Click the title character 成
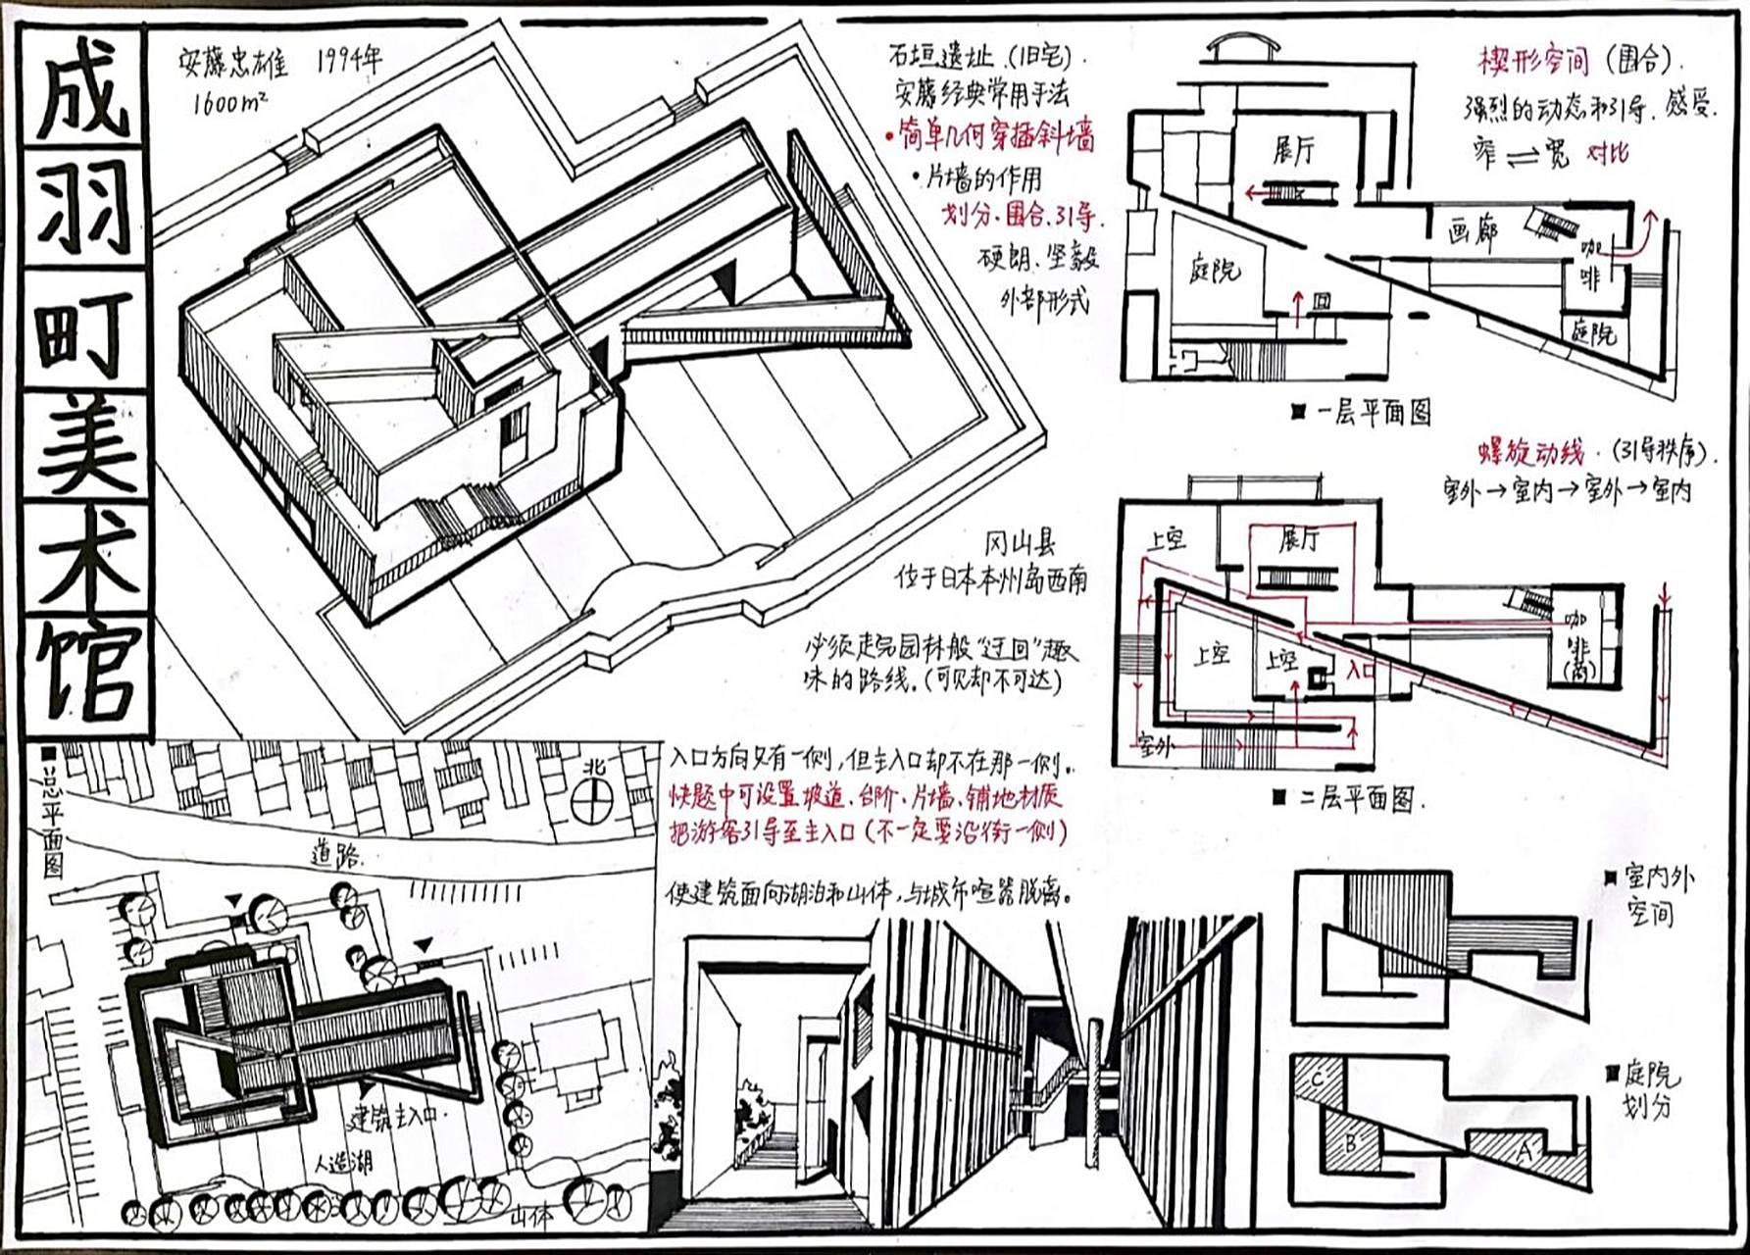click(84, 90)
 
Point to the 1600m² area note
click(229, 101)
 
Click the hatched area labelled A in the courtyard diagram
click(1525, 1150)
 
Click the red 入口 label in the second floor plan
click(1362, 671)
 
